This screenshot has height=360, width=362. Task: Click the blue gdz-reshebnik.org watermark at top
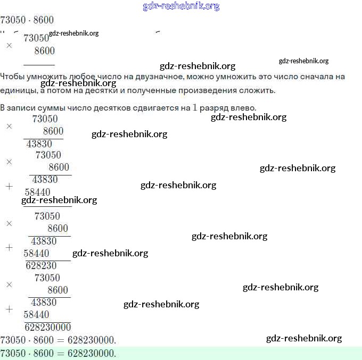click(x=181, y=6)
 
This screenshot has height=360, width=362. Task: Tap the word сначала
click(x=313, y=77)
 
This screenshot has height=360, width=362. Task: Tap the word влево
click(x=243, y=107)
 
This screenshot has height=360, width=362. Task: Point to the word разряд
click(x=214, y=107)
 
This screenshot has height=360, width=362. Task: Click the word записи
click(x=22, y=107)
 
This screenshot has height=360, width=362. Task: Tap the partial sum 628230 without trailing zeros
click(x=41, y=265)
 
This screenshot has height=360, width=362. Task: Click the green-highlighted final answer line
click(x=181, y=353)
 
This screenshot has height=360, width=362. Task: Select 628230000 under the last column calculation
click(x=48, y=327)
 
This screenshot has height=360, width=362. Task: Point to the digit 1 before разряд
click(x=194, y=107)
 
